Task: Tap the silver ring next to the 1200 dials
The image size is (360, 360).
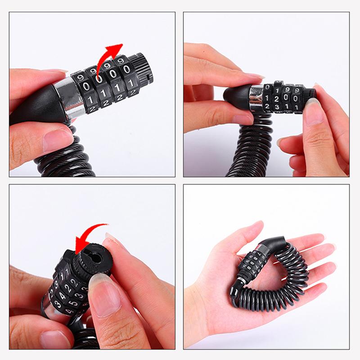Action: point(256,97)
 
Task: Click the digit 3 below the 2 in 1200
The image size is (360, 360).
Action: point(278,106)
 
